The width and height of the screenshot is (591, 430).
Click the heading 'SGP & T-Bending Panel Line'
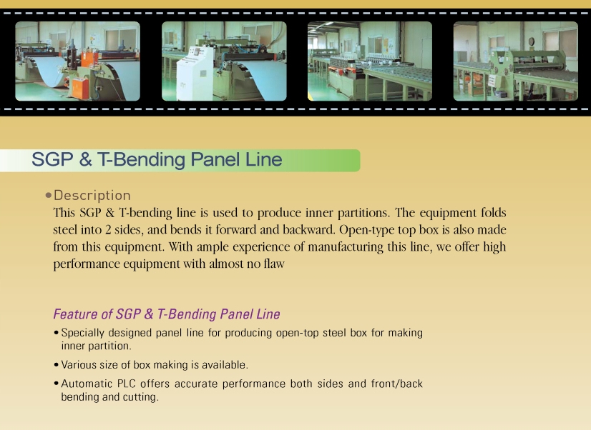click(157, 159)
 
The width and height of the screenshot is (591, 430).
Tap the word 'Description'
click(92, 195)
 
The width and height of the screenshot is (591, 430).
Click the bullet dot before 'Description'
click(48, 195)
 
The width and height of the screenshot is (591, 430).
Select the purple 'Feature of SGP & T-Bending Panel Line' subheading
click(167, 314)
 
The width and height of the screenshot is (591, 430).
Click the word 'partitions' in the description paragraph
click(363, 213)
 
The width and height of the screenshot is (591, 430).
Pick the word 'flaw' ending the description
click(274, 264)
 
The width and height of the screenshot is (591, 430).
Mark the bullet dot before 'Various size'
click(56, 365)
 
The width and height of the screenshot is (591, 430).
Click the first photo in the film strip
click(78, 61)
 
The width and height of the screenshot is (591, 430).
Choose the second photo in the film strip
click(224, 61)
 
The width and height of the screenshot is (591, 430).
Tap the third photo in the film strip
click(370, 61)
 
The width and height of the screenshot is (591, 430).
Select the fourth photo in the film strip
click(516, 61)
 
